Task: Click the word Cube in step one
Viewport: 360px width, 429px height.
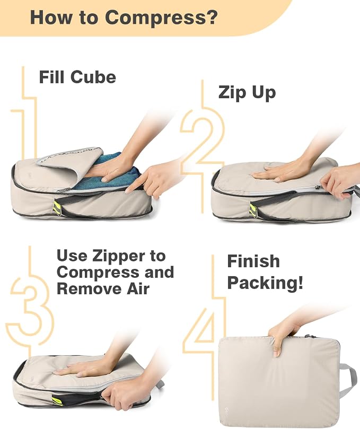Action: pos(93,77)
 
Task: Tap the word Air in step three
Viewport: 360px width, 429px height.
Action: pos(138,289)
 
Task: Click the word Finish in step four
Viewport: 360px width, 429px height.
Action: pos(253,261)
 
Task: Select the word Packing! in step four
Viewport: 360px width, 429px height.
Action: pos(265,283)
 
